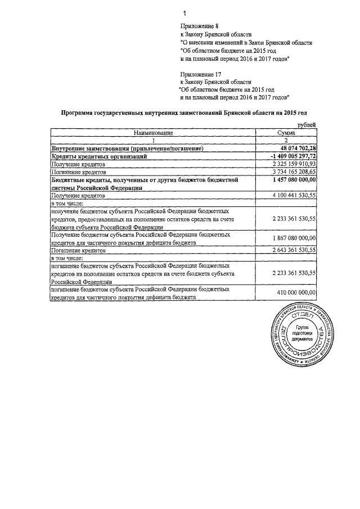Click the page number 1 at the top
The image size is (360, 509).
184,13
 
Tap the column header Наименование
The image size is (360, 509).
153,132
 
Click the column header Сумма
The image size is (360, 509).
286,132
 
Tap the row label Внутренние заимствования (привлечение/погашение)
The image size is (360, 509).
127,148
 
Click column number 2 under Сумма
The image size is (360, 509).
286,140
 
